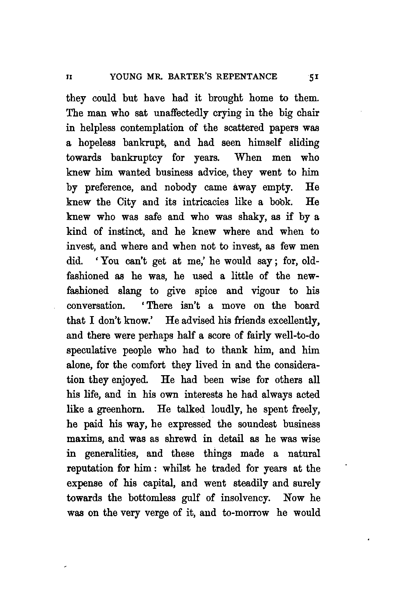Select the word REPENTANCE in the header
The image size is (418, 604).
click(x=249, y=77)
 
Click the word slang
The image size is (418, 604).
click(x=129, y=291)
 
